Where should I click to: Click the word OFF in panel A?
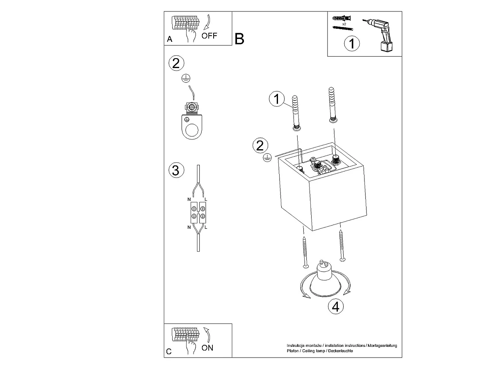click(x=209, y=36)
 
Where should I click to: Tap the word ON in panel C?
click(x=207, y=348)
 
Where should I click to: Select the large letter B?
click(x=239, y=39)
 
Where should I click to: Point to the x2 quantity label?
click(x=344, y=24)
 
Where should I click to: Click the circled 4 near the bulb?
click(x=335, y=307)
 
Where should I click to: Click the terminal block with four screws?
click(x=198, y=212)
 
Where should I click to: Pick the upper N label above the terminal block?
click(x=189, y=199)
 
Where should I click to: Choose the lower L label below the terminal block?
click(x=206, y=228)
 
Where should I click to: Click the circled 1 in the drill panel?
click(x=352, y=43)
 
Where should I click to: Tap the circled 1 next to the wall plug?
click(x=277, y=99)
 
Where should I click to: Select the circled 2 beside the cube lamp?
click(x=260, y=146)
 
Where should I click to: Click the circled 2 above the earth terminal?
click(x=176, y=63)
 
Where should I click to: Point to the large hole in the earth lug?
click(x=192, y=130)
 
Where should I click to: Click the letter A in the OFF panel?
click(x=169, y=39)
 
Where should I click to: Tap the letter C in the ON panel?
click(x=169, y=352)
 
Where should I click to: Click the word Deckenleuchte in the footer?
click(x=340, y=351)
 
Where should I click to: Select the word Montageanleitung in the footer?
click(x=382, y=346)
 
